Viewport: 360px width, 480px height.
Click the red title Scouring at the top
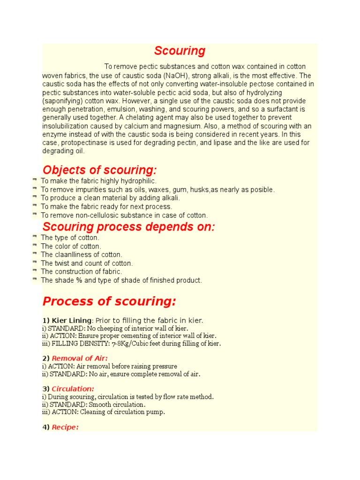click(180, 51)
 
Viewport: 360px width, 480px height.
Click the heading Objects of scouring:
click(100, 170)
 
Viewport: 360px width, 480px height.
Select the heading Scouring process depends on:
click(129, 227)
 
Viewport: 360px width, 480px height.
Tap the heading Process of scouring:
click(109, 301)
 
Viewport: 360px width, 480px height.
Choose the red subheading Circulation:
click(73, 389)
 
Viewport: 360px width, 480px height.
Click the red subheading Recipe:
click(65, 427)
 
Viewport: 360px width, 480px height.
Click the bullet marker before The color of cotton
click(35, 246)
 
